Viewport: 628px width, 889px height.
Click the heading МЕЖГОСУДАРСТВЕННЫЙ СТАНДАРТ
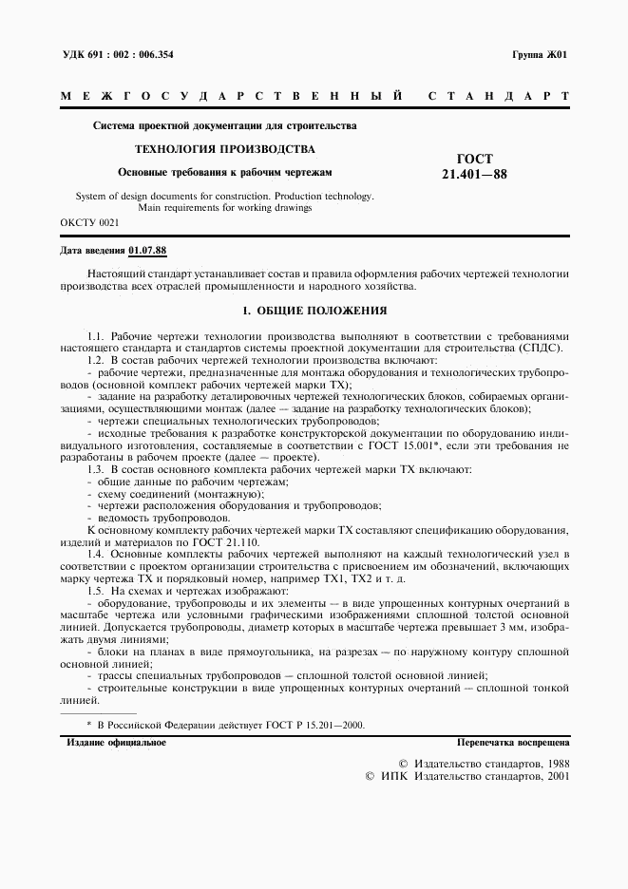coord(314,97)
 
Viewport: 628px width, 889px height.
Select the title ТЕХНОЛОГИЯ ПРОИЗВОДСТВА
coord(224,149)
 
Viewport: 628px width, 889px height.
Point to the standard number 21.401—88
coord(474,175)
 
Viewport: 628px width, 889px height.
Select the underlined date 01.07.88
coord(147,251)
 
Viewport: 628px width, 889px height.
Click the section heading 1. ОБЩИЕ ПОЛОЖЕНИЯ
coord(314,311)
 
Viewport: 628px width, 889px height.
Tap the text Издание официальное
coord(116,743)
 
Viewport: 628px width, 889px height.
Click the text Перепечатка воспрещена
coord(513,743)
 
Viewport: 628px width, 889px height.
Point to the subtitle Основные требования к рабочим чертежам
coord(224,172)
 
